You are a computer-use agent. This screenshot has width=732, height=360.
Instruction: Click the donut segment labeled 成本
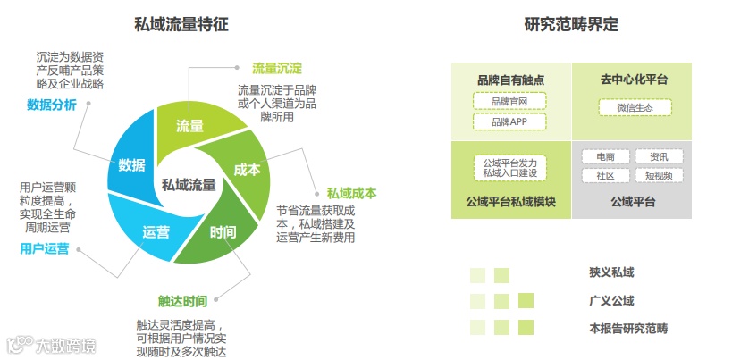click(x=247, y=170)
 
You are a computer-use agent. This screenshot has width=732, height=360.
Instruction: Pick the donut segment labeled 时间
click(x=223, y=233)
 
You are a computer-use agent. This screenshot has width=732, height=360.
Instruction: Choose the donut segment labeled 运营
click(x=156, y=232)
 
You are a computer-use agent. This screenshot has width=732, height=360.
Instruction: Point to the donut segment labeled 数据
click(x=131, y=165)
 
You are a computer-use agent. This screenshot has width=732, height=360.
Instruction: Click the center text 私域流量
click(x=189, y=185)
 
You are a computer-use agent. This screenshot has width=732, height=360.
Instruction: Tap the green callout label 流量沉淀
click(x=276, y=69)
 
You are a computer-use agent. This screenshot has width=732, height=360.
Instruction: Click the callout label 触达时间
click(x=181, y=300)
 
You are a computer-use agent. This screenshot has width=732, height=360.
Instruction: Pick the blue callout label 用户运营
click(x=45, y=248)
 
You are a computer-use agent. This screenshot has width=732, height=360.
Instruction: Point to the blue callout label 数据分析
click(x=52, y=105)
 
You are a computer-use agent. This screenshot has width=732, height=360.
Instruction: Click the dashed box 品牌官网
click(x=509, y=101)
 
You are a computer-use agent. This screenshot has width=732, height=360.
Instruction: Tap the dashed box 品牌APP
click(x=509, y=121)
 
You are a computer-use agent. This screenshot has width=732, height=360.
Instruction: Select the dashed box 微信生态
click(x=635, y=107)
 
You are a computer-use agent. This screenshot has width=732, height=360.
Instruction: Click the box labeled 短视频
click(x=659, y=176)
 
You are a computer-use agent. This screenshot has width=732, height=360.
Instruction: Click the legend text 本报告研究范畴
click(x=628, y=328)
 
